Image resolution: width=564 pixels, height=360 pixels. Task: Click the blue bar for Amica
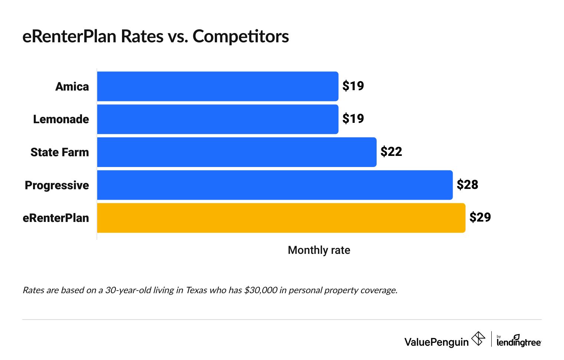pos(217,86)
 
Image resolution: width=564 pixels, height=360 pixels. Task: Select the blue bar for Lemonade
pos(217,119)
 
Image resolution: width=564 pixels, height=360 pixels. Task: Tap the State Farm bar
pos(237,152)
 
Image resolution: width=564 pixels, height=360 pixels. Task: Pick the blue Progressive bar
pos(275,185)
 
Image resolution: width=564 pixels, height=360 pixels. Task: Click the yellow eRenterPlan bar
pos(281,218)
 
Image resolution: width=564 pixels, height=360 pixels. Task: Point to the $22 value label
pos(391,152)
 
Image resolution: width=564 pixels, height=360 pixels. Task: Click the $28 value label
pos(467,185)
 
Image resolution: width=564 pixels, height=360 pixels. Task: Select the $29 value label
pos(480,217)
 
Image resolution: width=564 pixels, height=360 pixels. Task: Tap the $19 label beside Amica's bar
pos(353,86)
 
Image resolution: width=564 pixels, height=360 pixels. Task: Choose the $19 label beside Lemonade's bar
pos(353,119)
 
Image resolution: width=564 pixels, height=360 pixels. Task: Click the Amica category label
pos(72,87)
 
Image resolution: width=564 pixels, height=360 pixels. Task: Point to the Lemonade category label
pos(61,120)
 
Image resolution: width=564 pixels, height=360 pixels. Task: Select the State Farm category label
pos(59,153)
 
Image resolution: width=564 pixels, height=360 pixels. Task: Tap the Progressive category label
pos(57,185)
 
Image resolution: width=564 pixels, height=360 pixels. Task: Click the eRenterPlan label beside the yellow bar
pos(56,218)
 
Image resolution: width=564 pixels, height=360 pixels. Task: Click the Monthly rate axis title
pos(319,250)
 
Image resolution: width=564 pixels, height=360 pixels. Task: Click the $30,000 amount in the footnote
pos(260,290)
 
